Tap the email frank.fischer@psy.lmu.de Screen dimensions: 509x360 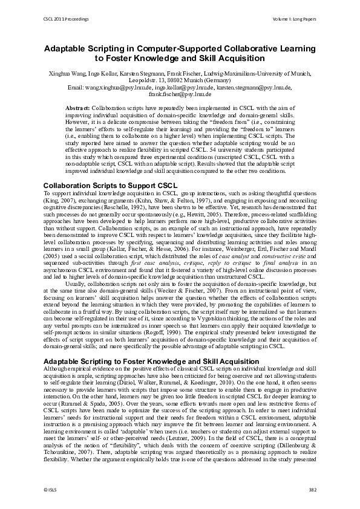pos(180,94)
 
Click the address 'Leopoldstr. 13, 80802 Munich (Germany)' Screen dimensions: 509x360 pos(180,80)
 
